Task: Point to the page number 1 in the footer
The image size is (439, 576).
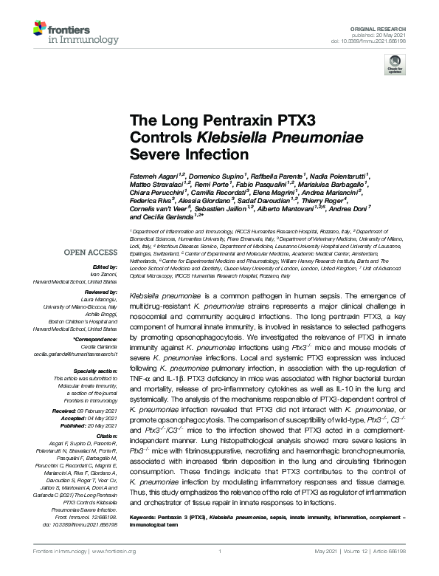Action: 220,550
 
